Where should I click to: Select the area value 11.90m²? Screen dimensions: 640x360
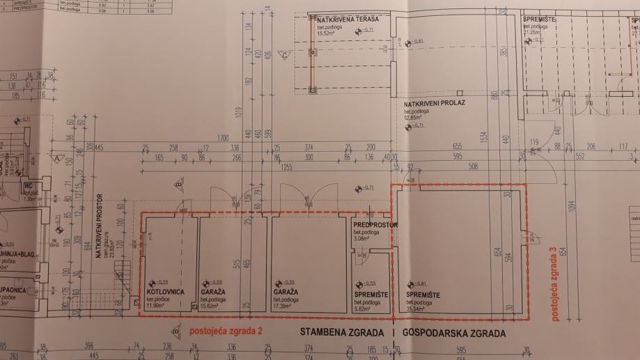(x=157, y=306)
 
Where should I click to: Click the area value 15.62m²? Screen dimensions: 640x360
(x=212, y=306)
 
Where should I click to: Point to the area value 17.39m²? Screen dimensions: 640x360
(x=285, y=306)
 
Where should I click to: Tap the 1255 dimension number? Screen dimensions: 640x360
(x=287, y=168)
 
